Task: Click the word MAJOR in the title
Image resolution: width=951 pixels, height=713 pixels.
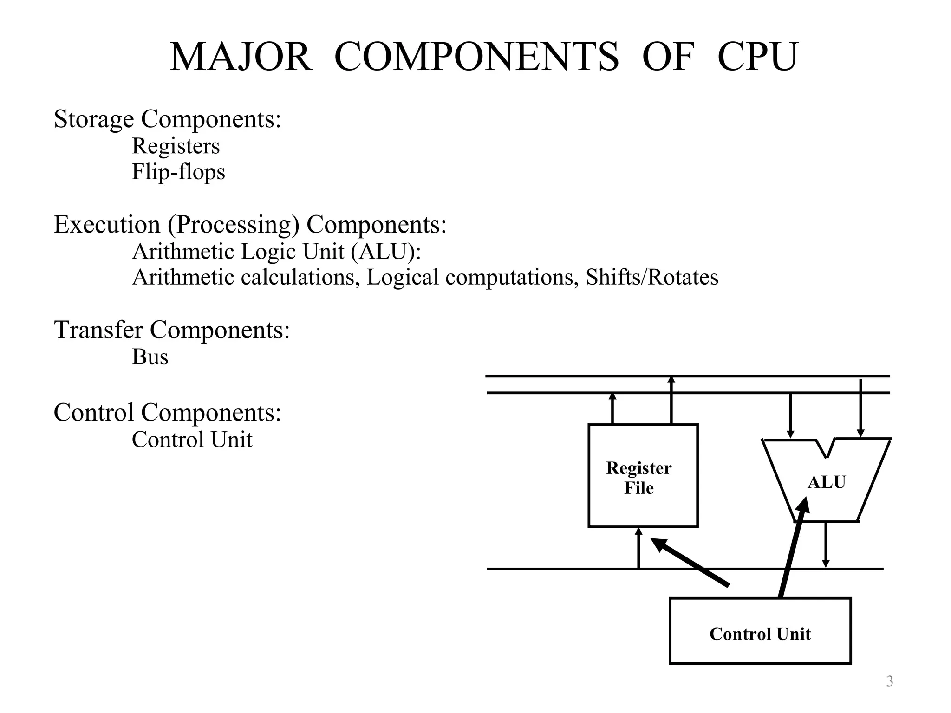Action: click(241, 57)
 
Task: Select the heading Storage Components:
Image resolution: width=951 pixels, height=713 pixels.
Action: click(167, 119)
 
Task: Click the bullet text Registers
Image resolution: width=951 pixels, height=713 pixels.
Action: click(176, 146)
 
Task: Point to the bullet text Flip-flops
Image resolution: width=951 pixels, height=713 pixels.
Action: click(178, 172)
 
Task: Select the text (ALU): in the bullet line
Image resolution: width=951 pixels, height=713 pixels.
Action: click(385, 252)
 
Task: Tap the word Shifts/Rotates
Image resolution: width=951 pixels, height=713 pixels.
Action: click(652, 277)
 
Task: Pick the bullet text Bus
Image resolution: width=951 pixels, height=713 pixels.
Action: click(150, 357)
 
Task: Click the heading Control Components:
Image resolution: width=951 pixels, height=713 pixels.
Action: click(167, 412)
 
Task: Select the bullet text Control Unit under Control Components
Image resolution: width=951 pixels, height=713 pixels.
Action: click(192, 439)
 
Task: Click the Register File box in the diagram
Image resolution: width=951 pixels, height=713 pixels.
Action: click(643, 476)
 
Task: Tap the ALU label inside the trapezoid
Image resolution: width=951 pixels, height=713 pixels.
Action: click(826, 482)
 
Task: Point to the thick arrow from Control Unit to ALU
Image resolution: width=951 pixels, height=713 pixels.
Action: click(793, 548)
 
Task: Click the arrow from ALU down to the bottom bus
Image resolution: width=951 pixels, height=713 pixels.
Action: click(826, 544)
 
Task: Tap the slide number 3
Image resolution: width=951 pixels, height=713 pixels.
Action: click(889, 681)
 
